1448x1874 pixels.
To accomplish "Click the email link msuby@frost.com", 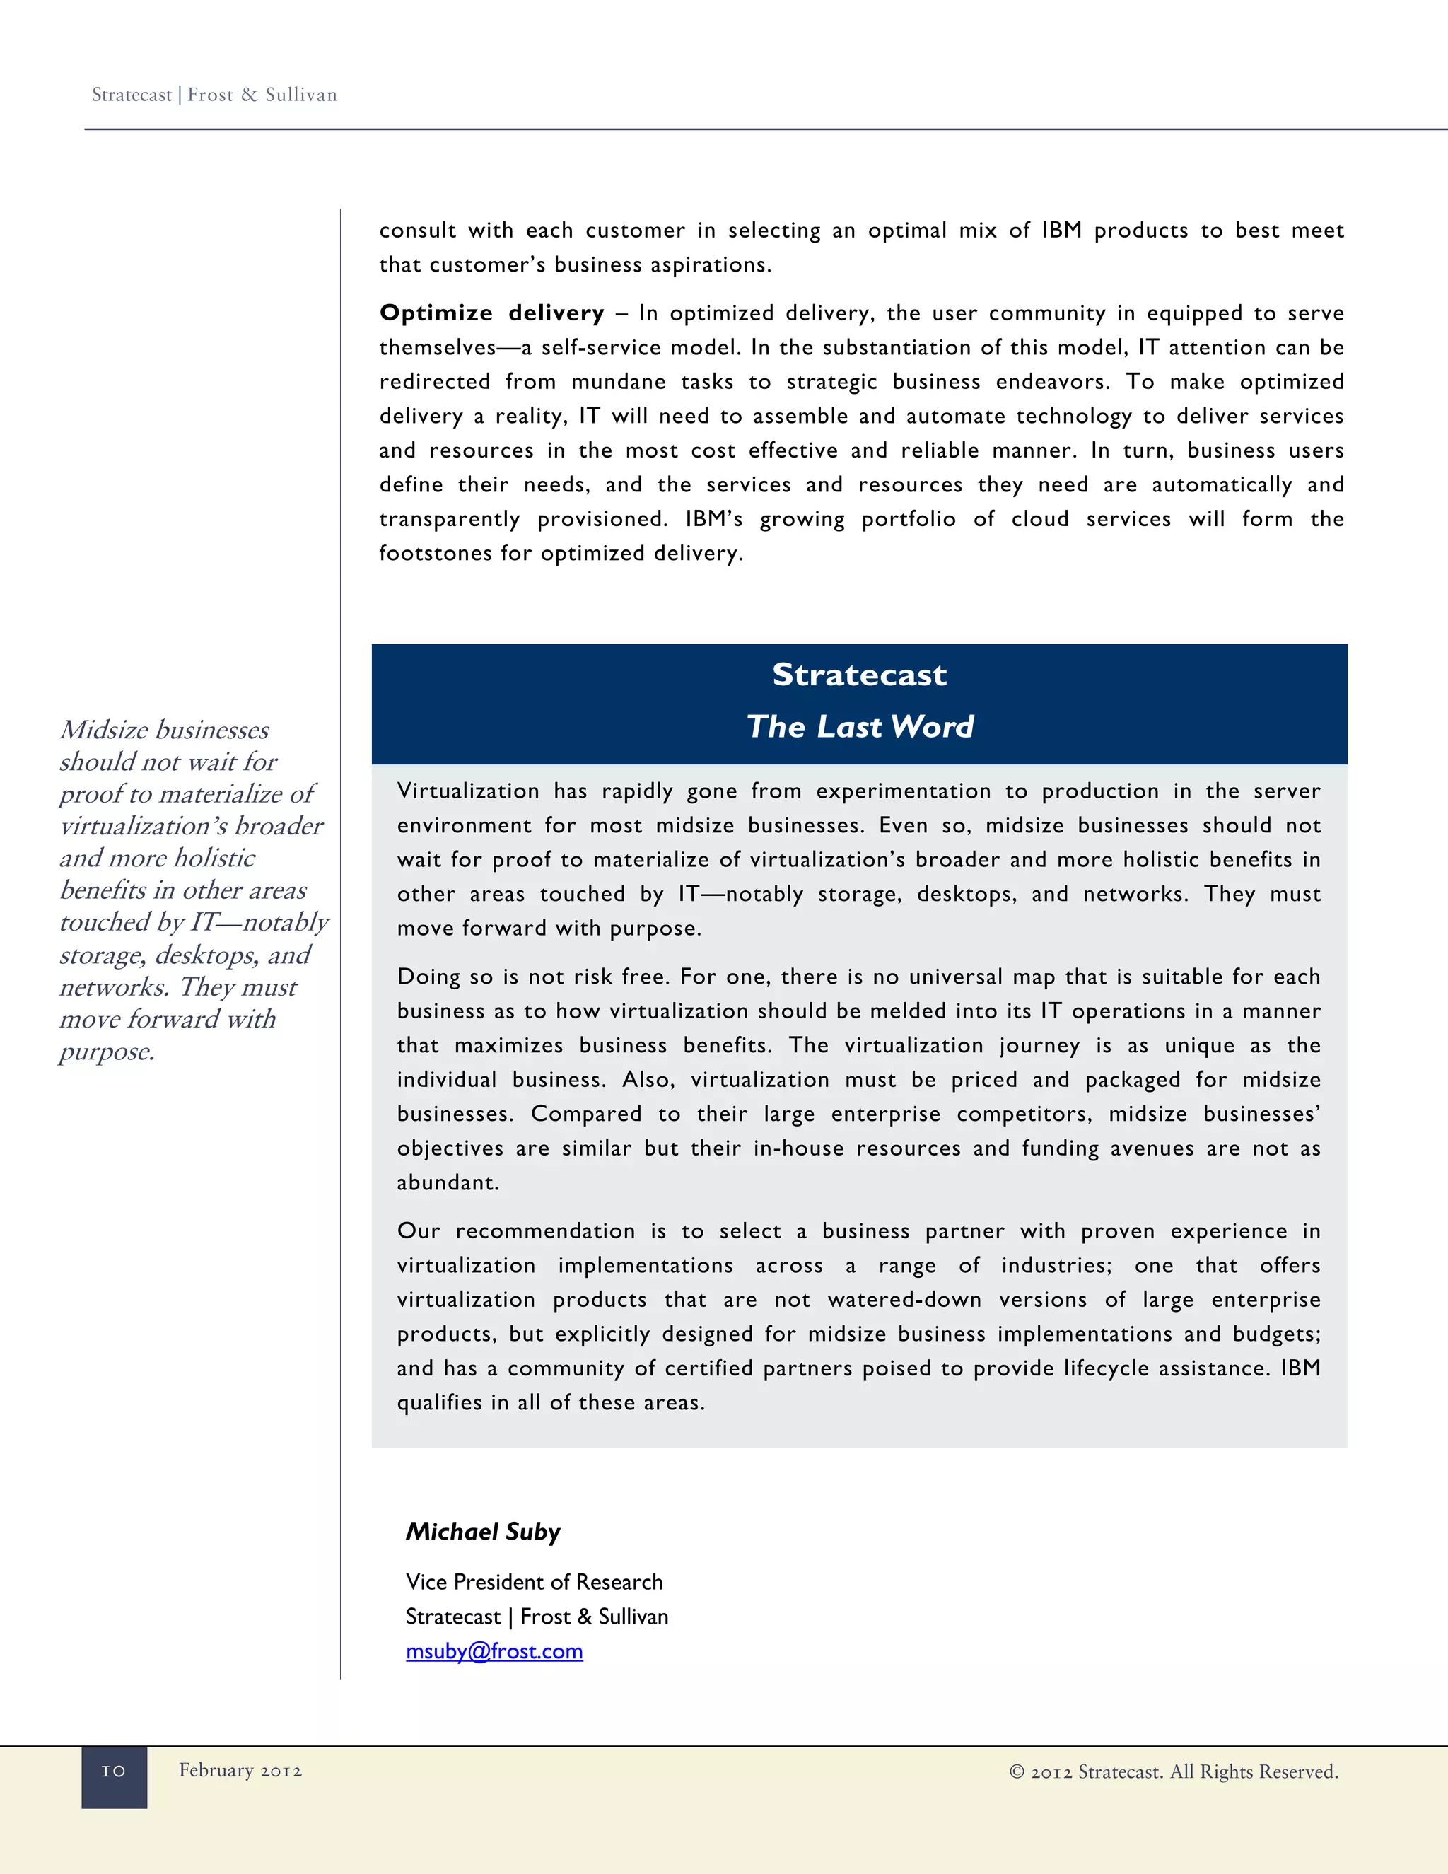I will pyautogui.click(x=494, y=1651).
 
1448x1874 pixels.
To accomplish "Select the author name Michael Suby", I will pyautogui.click(x=483, y=1532).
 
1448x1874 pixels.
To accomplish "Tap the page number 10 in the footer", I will pyautogui.click(x=113, y=1771).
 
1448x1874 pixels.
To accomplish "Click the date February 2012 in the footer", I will pyautogui.click(x=240, y=1770).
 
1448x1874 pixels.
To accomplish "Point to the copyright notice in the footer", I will pyautogui.click(x=1174, y=1772).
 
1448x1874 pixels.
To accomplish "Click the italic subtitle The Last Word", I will pyautogui.click(x=860, y=727).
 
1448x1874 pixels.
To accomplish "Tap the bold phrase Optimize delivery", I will pyautogui.click(x=491, y=313).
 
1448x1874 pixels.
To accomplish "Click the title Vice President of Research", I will pyautogui.click(x=534, y=1581).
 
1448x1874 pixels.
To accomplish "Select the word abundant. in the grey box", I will pyautogui.click(x=447, y=1182).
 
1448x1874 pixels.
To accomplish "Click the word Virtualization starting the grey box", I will pyautogui.click(x=468, y=791).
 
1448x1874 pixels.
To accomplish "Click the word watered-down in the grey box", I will pyautogui.click(x=904, y=1299).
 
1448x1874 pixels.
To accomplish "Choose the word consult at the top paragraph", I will pyautogui.click(x=417, y=231).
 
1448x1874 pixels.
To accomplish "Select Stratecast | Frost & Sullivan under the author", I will pyautogui.click(x=536, y=1617).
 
